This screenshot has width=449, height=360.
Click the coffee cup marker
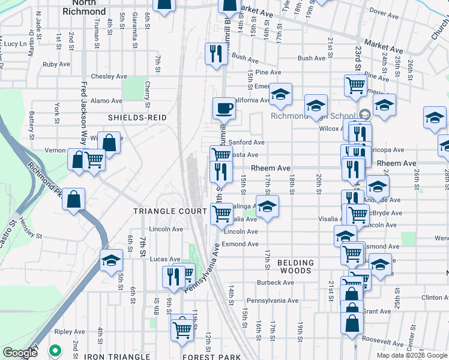pos(224,109)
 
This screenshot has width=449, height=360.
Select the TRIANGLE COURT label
pos(161,211)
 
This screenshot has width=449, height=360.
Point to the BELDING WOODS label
pos(296,267)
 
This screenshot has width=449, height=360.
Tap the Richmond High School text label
pos(313,116)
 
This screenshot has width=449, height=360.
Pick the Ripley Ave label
pos(70,332)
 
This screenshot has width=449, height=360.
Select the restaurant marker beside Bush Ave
pos(214,54)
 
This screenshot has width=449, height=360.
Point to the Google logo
pos(20,353)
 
